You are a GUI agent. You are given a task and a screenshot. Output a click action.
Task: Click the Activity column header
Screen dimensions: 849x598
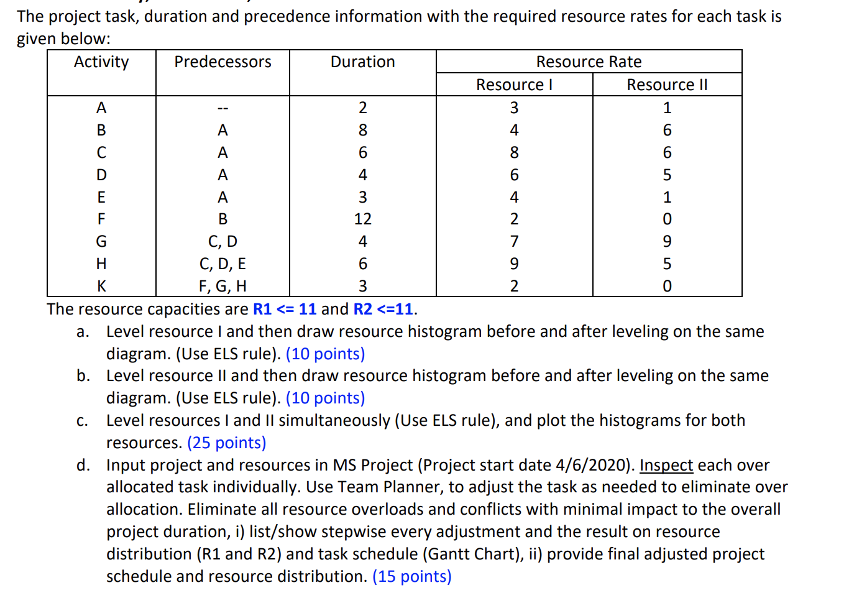pyautogui.click(x=101, y=62)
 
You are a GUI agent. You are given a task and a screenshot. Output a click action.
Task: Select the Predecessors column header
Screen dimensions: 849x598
pyautogui.click(x=223, y=62)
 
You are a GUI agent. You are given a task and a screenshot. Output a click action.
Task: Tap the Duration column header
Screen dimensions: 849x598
pyautogui.click(x=362, y=62)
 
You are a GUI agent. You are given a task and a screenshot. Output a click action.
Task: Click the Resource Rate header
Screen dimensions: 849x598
pyautogui.click(x=589, y=62)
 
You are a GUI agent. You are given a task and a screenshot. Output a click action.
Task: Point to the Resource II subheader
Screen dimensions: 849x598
pyautogui.click(x=667, y=85)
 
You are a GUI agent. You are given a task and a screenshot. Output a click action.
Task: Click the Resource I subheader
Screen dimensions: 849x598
pyautogui.click(x=514, y=85)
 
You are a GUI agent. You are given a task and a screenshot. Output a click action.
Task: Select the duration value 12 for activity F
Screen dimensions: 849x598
pyautogui.click(x=362, y=219)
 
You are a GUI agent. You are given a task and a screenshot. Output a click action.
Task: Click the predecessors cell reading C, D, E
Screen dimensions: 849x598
pyautogui.click(x=223, y=264)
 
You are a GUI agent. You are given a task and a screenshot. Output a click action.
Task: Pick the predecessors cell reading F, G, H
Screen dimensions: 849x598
pyautogui.click(x=223, y=286)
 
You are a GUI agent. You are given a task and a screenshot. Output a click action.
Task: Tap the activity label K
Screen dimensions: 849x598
pyautogui.click(x=101, y=286)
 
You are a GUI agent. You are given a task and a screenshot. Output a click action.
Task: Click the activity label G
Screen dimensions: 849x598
pyautogui.click(x=101, y=241)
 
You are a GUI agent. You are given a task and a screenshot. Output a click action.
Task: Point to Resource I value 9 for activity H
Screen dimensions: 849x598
pyautogui.click(x=514, y=264)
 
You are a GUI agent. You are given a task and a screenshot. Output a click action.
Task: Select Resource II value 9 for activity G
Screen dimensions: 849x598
pyautogui.click(x=667, y=241)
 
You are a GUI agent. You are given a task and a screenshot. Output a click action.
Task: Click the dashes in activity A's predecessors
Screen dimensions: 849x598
pyautogui.click(x=223, y=108)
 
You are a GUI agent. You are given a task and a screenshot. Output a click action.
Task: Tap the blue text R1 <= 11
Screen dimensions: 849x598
pyautogui.click(x=285, y=309)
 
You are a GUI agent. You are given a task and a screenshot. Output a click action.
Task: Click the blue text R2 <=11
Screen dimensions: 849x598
pyautogui.click(x=383, y=309)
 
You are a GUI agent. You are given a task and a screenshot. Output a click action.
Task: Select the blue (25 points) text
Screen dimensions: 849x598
pyautogui.click(x=226, y=443)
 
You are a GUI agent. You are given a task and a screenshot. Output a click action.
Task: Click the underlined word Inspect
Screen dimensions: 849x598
pyautogui.click(x=666, y=465)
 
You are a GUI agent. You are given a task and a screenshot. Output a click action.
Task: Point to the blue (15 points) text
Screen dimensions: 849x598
pyautogui.click(x=411, y=576)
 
